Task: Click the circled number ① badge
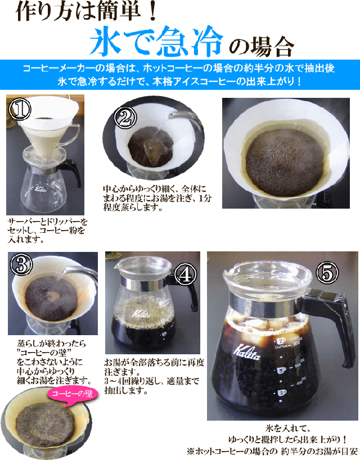coord(20,109)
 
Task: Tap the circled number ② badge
coord(125,118)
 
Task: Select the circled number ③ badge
coord(21,265)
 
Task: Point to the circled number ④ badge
coord(186,274)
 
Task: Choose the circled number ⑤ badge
coord(327,273)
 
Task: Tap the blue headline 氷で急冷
coord(157,41)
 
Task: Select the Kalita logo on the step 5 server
coord(246,351)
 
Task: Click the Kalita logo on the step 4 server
coord(141,314)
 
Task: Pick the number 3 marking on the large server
coord(282,393)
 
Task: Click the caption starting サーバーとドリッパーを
coord(47,231)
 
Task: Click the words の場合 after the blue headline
coord(261,46)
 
